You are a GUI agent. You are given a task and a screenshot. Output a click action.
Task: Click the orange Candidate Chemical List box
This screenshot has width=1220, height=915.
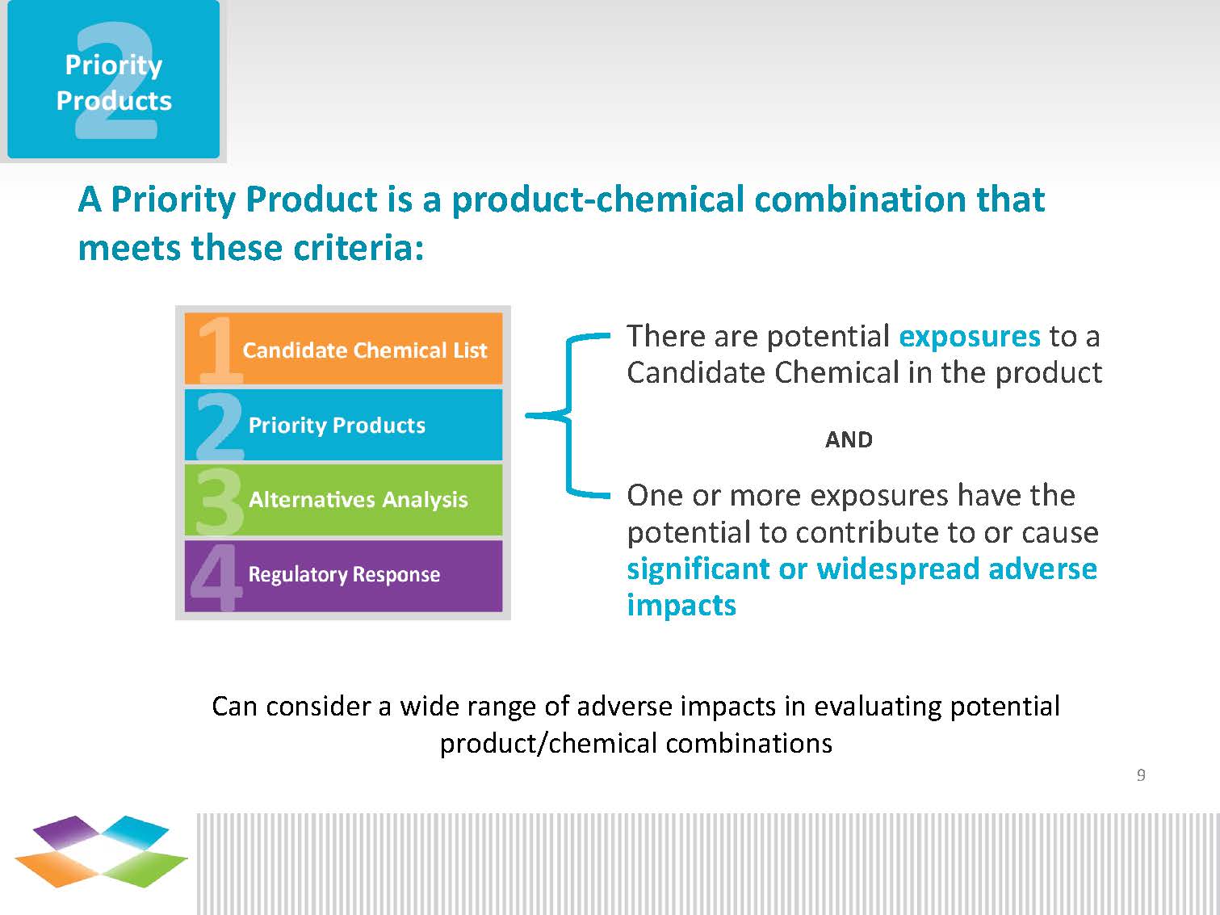pos(343,349)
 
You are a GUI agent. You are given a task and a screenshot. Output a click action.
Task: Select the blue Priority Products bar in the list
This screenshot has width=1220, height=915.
pos(343,425)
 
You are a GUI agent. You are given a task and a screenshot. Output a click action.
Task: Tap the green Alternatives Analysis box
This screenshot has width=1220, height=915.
pos(343,500)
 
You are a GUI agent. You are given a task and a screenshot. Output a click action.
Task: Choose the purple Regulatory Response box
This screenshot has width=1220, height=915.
pos(343,576)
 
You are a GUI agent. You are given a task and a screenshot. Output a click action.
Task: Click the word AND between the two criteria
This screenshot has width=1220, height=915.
pos(849,439)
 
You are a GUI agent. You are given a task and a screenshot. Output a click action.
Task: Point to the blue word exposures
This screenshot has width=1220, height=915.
pos(970,337)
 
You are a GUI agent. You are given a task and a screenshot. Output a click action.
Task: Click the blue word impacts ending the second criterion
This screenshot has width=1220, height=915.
pos(681,606)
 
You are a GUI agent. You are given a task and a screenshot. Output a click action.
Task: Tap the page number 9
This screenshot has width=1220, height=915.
pos(1141,774)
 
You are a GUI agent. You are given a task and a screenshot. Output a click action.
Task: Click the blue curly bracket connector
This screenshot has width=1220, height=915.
pos(568,414)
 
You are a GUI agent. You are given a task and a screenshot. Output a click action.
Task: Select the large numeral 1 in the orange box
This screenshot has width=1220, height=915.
pos(220,350)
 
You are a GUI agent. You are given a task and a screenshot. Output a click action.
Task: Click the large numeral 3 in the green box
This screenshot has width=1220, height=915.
pos(220,502)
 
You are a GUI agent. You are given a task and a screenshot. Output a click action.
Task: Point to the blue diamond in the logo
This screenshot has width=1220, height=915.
pos(135,832)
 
